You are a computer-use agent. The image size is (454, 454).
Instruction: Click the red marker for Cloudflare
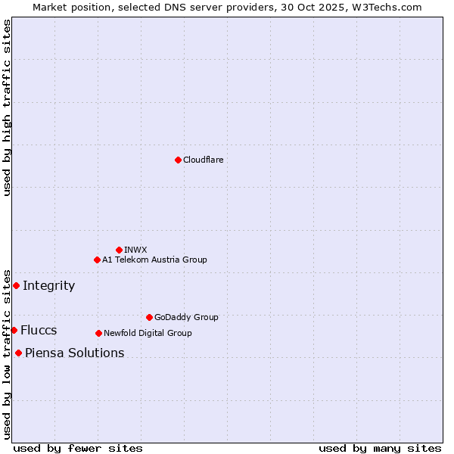click(178, 160)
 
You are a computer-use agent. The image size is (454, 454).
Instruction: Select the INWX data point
click(119, 250)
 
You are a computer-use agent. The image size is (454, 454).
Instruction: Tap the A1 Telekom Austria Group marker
click(97, 260)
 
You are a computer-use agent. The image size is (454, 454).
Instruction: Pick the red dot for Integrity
click(16, 285)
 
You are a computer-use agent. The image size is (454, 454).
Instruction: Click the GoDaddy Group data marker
click(149, 317)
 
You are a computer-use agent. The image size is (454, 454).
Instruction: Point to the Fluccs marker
click(14, 330)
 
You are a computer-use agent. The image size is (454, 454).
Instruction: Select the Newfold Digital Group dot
click(98, 333)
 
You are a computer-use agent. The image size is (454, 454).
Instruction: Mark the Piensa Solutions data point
click(18, 353)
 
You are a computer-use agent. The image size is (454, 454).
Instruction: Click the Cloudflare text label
click(203, 160)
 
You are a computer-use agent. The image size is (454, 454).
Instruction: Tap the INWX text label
click(135, 250)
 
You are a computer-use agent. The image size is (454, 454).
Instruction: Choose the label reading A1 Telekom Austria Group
click(154, 260)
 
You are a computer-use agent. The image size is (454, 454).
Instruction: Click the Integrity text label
click(48, 285)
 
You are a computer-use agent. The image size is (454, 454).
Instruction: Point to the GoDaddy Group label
click(186, 317)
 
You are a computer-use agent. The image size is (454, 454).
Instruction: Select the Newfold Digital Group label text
click(148, 333)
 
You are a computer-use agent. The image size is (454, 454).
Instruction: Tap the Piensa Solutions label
click(74, 353)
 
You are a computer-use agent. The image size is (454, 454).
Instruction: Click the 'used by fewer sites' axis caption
click(78, 448)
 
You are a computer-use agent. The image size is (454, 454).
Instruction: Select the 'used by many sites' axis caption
click(380, 448)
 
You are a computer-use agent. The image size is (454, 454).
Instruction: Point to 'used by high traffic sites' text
click(7, 107)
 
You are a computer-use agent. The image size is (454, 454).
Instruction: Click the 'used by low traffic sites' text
click(7, 354)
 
